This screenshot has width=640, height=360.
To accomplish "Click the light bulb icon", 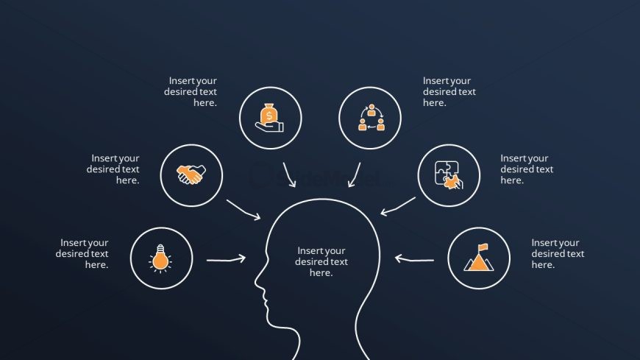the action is pyautogui.click(x=161, y=258).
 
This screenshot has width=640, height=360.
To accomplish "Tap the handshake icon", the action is pyautogui.click(x=191, y=174).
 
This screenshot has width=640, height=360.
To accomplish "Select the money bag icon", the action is pyautogui.click(x=269, y=118).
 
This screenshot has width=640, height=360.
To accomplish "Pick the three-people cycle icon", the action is pyautogui.click(x=371, y=117).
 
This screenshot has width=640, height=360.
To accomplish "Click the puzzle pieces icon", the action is pyautogui.click(x=449, y=175).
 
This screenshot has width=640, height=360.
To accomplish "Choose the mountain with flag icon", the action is pyautogui.click(x=479, y=258).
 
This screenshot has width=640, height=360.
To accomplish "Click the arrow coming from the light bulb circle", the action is pyautogui.click(x=226, y=259).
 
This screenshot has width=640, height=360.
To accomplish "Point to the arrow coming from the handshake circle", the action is pyautogui.click(x=243, y=210).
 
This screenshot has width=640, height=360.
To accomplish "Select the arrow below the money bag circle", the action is pyautogui.click(x=289, y=175).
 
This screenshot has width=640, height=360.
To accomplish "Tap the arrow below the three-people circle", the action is pyautogui.click(x=355, y=175).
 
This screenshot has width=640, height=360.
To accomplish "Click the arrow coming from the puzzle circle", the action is pyautogui.click(x=398, y=206).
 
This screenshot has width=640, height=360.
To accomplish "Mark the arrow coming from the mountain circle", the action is pyautogui.click(x=414, y=259).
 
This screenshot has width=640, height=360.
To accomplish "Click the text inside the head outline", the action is pyautogui.click(x=321, y=261).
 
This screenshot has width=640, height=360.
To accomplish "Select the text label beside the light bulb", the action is pyautogui.click(x=82, y=253).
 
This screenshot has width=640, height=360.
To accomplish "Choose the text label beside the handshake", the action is pyautogui.click(x=113, y=169).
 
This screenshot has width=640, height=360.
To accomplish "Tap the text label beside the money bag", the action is pyautogui.click(x=191, y=91).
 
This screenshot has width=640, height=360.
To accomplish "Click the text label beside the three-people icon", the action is pyautogui.click(x=449, y=91).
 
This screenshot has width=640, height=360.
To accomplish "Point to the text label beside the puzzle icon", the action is pyautogui.click(x=527, y=169).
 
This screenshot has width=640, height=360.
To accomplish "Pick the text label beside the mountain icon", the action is pyautogui.click(x=558, y=253).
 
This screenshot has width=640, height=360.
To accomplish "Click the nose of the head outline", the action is pyautogui.click(x=256, y=282).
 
